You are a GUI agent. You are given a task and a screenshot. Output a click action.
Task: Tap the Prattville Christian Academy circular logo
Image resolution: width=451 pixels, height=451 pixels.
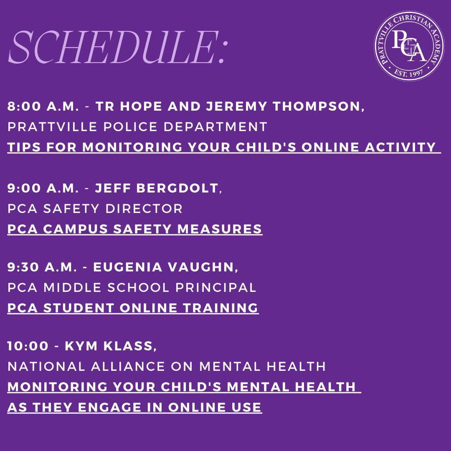click(x=409, y=46)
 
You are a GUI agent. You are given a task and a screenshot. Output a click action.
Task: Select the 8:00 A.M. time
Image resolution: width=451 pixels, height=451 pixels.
click(x=43, y=106)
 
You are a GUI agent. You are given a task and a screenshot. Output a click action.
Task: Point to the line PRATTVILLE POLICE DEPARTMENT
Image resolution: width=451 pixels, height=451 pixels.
click(x=137, y=127)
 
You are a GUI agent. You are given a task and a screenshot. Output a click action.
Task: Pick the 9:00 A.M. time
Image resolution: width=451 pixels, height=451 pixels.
click(x=43, y=188)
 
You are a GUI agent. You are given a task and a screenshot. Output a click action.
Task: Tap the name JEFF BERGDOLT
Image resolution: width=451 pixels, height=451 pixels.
click(x=157, y=188)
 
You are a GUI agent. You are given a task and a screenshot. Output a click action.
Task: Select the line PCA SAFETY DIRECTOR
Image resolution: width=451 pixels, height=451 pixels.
click(x=95, y=209)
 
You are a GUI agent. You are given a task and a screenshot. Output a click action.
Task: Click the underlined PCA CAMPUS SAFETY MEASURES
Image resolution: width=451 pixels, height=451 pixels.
click(x=135, y=229)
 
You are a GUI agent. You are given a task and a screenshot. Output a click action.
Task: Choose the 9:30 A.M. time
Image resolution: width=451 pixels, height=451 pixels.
click(x=42, y=267)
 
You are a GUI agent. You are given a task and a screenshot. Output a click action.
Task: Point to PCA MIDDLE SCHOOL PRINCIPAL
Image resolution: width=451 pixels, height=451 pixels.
click(x=132, y=287)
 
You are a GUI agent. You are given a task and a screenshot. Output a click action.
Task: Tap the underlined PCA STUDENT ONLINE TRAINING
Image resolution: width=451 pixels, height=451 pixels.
click(x=133, y=308)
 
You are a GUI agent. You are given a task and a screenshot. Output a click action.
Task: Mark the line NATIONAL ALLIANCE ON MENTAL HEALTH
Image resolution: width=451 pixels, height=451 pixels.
click(x=167, y=367)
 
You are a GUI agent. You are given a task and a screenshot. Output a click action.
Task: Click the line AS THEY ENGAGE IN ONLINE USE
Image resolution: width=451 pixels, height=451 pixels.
click(x=134, y=407)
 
